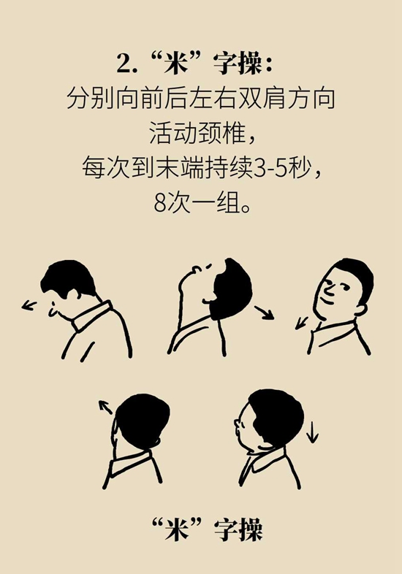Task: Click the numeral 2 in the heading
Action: [124, 64]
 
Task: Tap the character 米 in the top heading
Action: [176, 64]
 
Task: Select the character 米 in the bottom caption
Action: [177, 529]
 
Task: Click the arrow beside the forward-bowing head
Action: [29, 305]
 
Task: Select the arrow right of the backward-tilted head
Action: [264, 313]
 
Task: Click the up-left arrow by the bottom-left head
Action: [105, 407]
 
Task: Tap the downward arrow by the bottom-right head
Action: [312, 432]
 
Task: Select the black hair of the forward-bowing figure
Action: [68, 278]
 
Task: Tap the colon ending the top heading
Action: [270, 64]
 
